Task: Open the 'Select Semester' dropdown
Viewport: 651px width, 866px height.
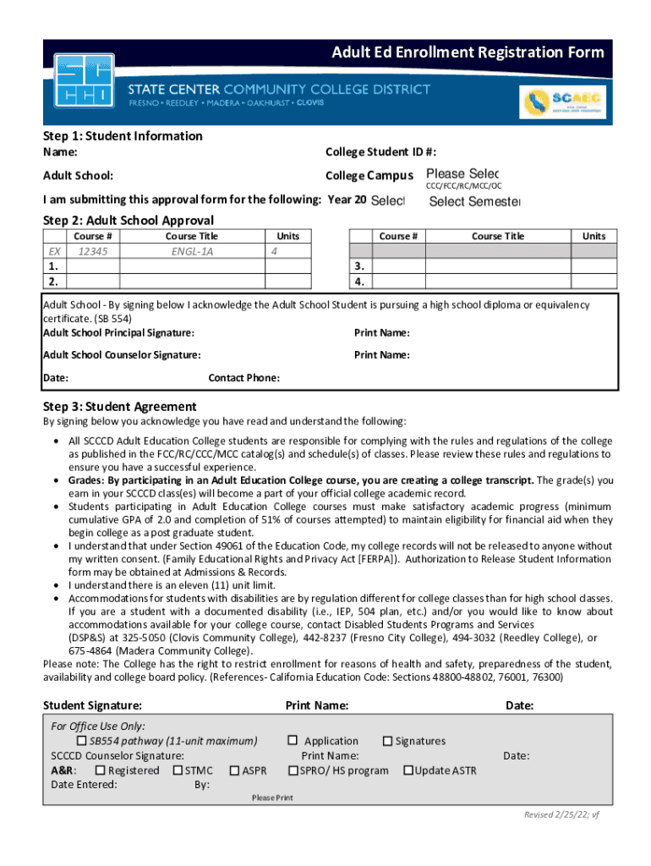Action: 474,201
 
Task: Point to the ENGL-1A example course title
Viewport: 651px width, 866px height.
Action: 192,251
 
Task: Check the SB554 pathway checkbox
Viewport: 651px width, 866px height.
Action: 83,741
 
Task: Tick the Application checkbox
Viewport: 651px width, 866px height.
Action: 293,741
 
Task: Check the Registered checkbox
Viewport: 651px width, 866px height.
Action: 100,770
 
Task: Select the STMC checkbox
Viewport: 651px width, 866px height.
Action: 178,770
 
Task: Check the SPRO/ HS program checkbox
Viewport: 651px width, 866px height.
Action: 293,770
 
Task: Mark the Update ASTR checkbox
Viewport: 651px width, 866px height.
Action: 408,770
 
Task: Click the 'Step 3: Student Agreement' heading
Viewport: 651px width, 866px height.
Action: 119,406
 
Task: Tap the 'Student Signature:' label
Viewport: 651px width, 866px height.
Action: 92,705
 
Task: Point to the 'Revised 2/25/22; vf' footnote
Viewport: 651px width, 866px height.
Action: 561,814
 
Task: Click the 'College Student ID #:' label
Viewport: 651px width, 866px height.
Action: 380,152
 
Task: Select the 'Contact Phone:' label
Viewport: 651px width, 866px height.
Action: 244,378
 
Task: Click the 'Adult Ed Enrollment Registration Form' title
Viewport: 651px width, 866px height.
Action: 468,52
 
